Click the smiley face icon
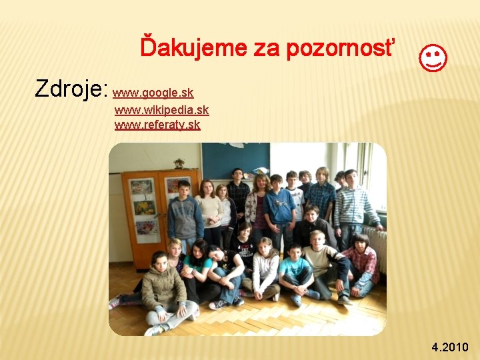(x=433, y=58)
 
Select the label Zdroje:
(x=71, y=88)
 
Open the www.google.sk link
(x=153, y=93)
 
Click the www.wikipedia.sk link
(x=161, y=109)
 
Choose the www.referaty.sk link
(x=157, y=125)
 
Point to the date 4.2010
(x=450, y=347)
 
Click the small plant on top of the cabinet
(x=179, y=163)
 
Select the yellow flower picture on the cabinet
(x=145, y=208)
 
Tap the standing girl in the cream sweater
(x=209, y=210)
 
